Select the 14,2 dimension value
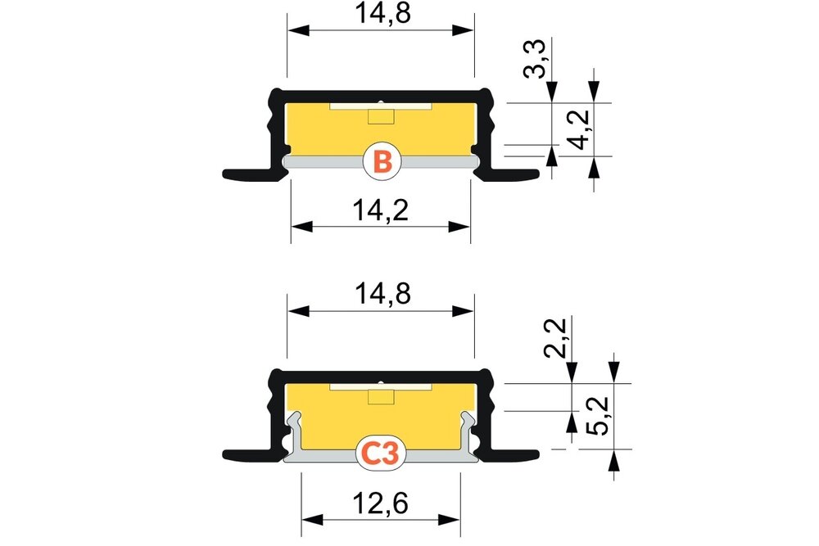click(381, 211)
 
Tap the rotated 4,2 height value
click(580, 129)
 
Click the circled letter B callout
click(382, 160)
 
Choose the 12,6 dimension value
click(381, 501)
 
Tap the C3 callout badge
click(381, 455)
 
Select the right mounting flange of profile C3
click(512, 453)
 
